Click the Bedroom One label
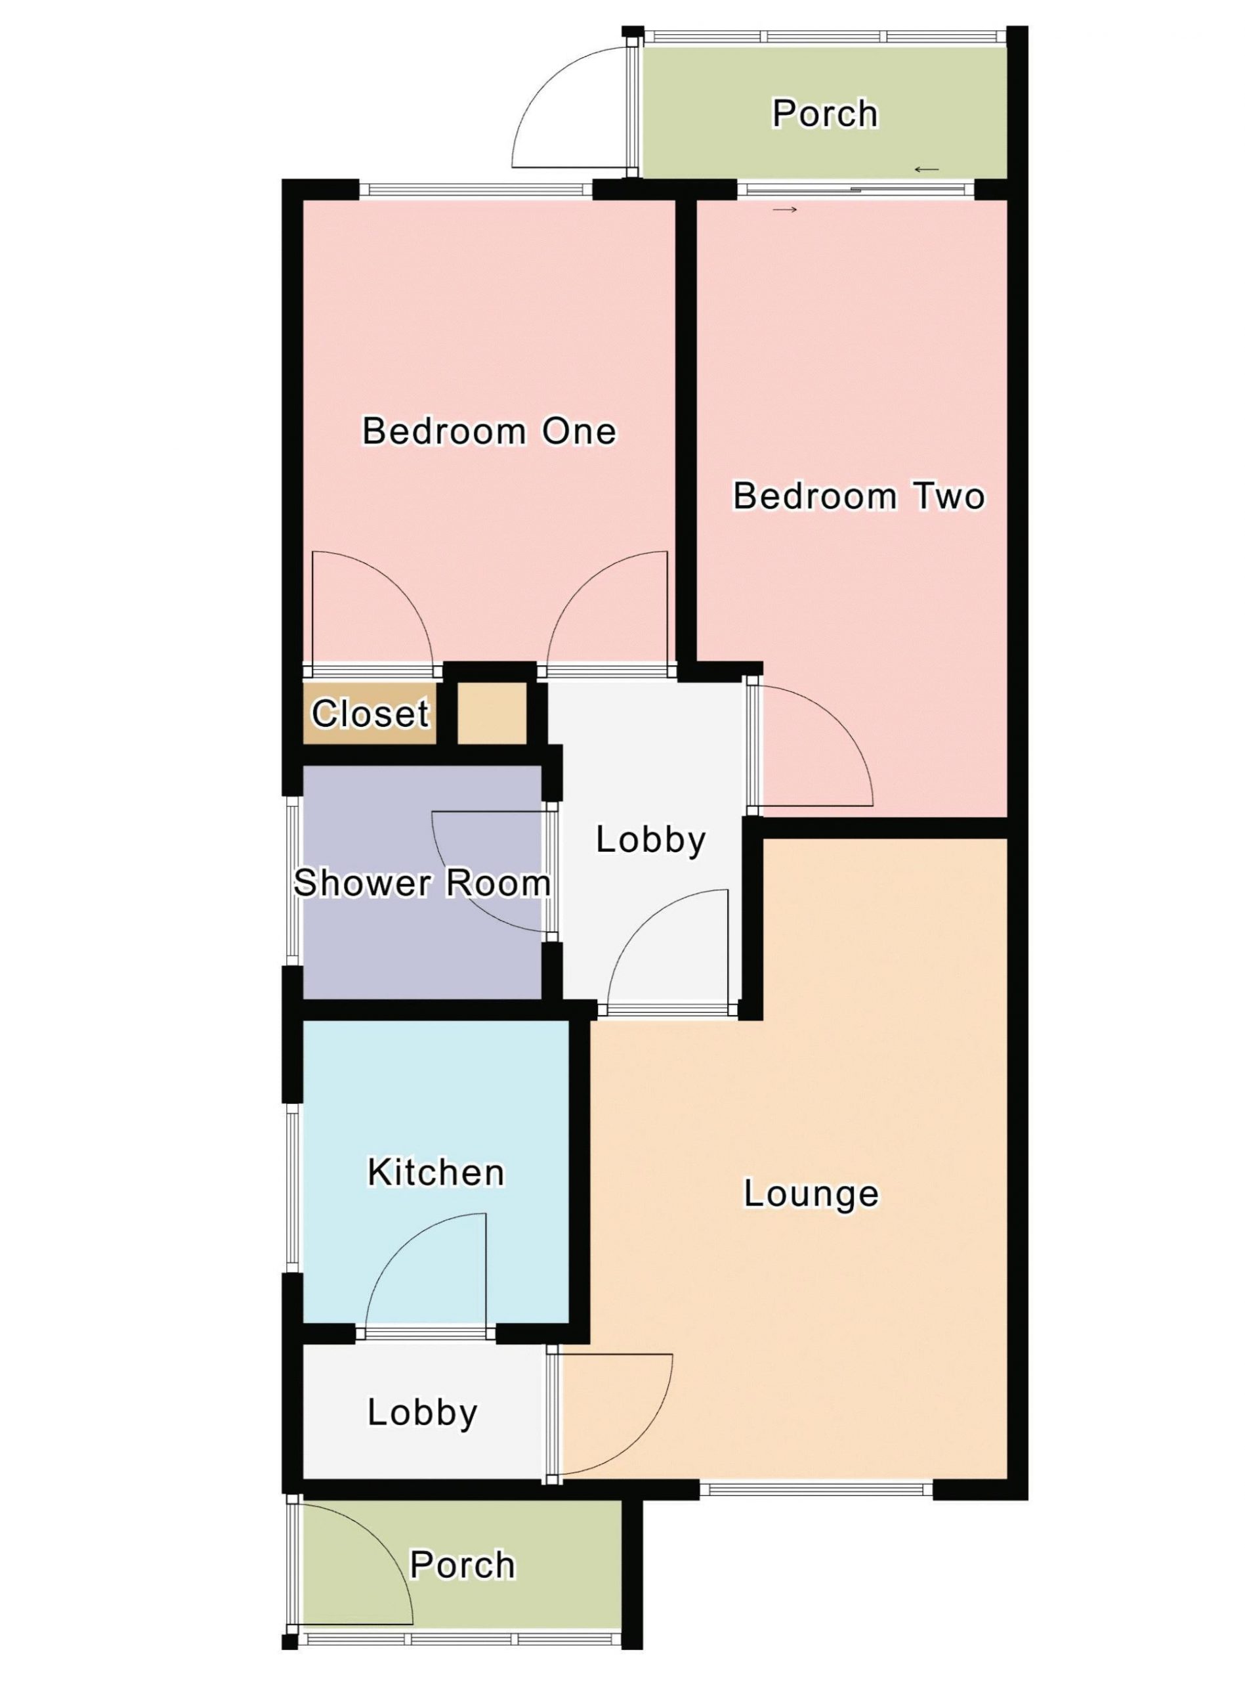point(489,431)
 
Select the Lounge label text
point(811,1193)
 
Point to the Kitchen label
point(436,1172)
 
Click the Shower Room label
point(422,883)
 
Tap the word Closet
point(370,713)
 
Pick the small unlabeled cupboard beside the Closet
point(492,712)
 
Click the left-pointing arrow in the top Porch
point(927,169)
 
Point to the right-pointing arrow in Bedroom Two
point(784,209)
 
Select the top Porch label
point(825,113)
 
